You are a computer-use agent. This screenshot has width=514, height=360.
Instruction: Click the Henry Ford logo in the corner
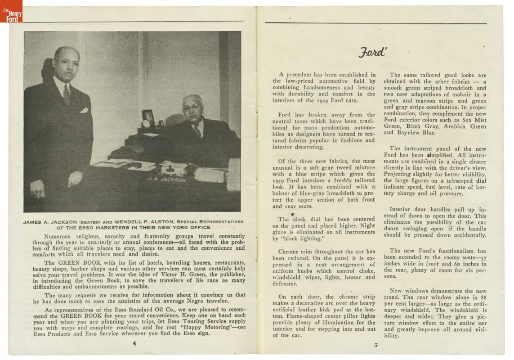click(x=11, y=11)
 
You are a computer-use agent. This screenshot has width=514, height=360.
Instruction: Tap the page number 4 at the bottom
click(x=134, y=343)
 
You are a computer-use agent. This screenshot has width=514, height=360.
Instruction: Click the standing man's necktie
click(x=67, y=94)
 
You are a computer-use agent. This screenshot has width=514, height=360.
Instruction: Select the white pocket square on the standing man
click(x=84, y=110)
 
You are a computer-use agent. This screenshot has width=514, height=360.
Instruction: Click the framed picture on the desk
click(x=148, y=118)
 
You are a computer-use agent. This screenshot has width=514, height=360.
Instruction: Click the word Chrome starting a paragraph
click(x=290, y=252)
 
